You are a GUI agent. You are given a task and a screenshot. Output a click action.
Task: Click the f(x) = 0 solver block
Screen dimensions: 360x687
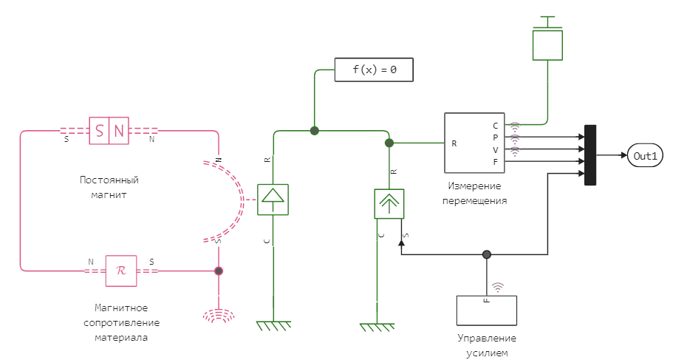373,69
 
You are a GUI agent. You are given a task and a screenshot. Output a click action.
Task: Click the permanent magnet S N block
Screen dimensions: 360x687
109,132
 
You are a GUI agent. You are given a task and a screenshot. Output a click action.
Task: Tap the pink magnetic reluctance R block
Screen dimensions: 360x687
121,271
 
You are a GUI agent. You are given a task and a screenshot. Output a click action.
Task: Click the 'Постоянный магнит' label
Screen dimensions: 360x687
109,187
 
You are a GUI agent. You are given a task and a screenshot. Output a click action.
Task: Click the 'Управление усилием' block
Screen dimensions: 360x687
486,309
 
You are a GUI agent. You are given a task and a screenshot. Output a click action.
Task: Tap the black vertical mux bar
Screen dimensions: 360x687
590,155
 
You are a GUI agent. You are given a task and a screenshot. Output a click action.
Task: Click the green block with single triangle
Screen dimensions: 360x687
273,199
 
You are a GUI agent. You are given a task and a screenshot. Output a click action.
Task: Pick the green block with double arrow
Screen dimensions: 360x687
389,203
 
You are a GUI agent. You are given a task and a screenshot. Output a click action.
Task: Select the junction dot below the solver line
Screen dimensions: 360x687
314,131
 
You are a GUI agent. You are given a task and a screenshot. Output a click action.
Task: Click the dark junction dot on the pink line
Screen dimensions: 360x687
218,271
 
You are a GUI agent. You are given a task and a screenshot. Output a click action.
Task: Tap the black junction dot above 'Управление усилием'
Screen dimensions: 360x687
486,254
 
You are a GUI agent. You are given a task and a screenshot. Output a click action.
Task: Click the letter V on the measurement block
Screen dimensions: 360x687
496,149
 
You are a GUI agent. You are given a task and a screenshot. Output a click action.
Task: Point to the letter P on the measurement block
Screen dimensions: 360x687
496,137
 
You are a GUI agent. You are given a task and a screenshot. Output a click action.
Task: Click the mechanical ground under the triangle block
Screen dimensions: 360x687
273,325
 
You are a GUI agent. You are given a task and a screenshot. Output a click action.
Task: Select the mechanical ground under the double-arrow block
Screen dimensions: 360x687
377,326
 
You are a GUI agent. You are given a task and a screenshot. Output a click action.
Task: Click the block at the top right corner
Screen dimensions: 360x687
547,41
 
